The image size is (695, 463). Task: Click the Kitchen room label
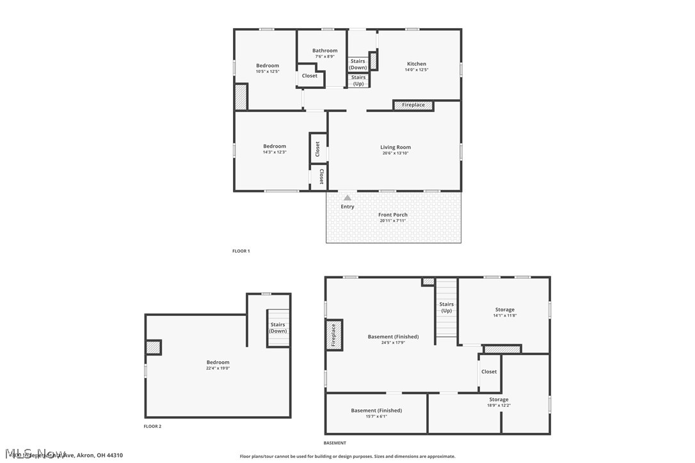(x=417, y=64)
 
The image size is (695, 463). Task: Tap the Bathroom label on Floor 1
(x=324, y=51)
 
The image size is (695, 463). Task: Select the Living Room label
(x=395, y=148)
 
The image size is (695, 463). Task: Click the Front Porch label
(x=392, y=215)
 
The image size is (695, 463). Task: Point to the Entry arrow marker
(x=347, y=198)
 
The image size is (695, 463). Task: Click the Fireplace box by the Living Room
(x=413, y=105)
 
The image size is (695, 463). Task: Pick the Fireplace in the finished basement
(x=333, y=335)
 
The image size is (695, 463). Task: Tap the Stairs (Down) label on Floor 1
(x=358, y=64)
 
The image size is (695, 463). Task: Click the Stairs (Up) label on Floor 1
(x=358, y=81)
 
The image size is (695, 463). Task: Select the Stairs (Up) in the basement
(x=447, y=308)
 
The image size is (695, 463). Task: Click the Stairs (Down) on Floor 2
(x=278, y=327)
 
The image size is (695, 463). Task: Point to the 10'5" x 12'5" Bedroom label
(x=268, y=66)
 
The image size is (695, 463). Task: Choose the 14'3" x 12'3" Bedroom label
(x=275, y=146)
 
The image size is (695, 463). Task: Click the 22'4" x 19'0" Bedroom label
(x=218, y=363)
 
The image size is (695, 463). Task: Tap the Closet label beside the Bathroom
(x=310, y=76)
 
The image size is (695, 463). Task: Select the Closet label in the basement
(x=489, y=372)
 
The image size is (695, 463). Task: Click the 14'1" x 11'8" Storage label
(x=504, y=310)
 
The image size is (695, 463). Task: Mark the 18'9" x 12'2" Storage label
(x=499, y=400)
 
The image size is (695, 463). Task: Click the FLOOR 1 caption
(x=241, y=251)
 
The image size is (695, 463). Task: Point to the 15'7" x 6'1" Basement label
(x=376, y=411)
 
